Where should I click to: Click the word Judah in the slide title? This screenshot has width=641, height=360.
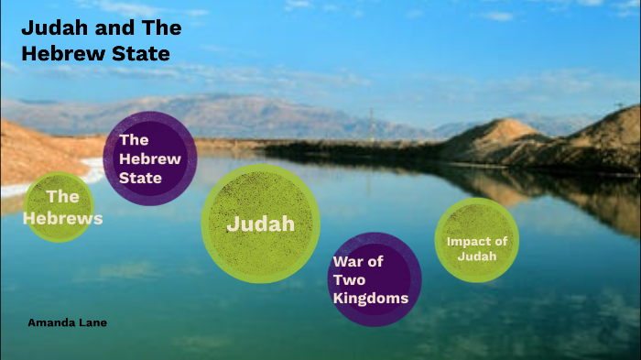click(49, 28)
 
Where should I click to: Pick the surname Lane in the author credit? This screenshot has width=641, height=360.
click(93, 322)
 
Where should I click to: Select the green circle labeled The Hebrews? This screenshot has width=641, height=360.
click(60, 207)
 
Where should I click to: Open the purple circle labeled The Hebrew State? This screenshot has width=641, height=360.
click(150, 158)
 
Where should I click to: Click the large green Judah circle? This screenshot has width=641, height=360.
click(260, 224)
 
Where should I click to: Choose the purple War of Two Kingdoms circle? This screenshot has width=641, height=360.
click(375, 279)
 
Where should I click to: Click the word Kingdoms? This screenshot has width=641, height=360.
click(371, 298)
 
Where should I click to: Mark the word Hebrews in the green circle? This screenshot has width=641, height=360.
click(62, 219)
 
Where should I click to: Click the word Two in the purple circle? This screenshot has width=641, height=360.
click(349, 279)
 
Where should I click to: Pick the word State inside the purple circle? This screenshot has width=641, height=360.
click(140, 178)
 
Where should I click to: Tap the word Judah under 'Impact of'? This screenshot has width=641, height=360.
click(478, 256)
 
